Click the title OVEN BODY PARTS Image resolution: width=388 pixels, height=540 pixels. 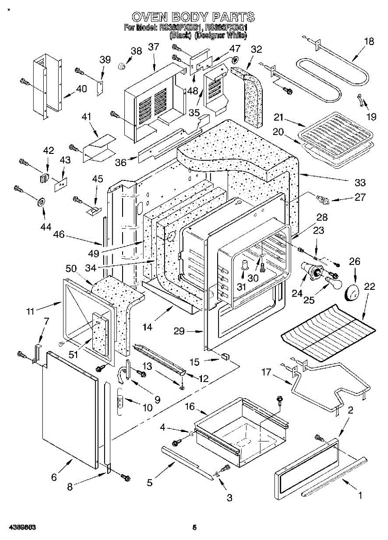tap(193, 18)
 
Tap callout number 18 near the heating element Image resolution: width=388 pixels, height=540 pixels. tap(369, 42)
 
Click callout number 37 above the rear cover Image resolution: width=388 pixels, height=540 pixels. tap(154, 47)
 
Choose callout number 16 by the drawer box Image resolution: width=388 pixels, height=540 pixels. tap(190, 407)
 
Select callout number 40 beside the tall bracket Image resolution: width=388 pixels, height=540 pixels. tap(82, 89)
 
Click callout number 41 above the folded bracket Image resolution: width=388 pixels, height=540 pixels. tap(86, 117)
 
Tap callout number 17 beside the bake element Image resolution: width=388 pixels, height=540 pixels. tap(266, 372)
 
